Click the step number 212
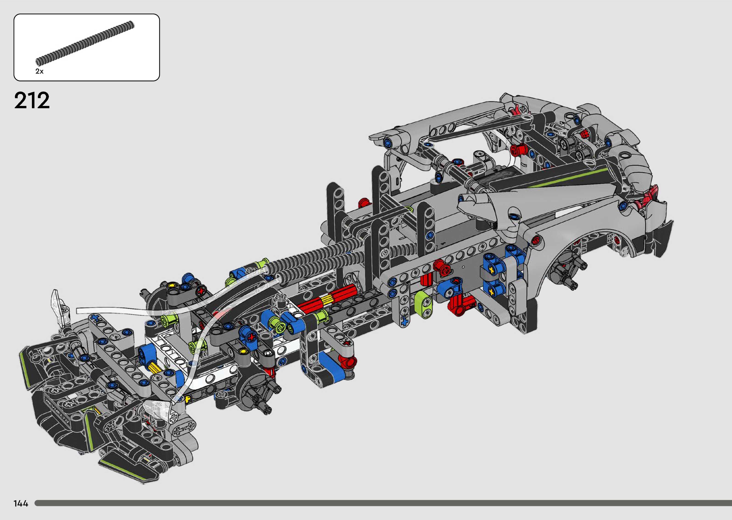click(x=32, y=100)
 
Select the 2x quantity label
click(x=39, y=71)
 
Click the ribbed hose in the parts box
click(x=85, y=42)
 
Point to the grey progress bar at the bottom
click(x=383, y=503)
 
